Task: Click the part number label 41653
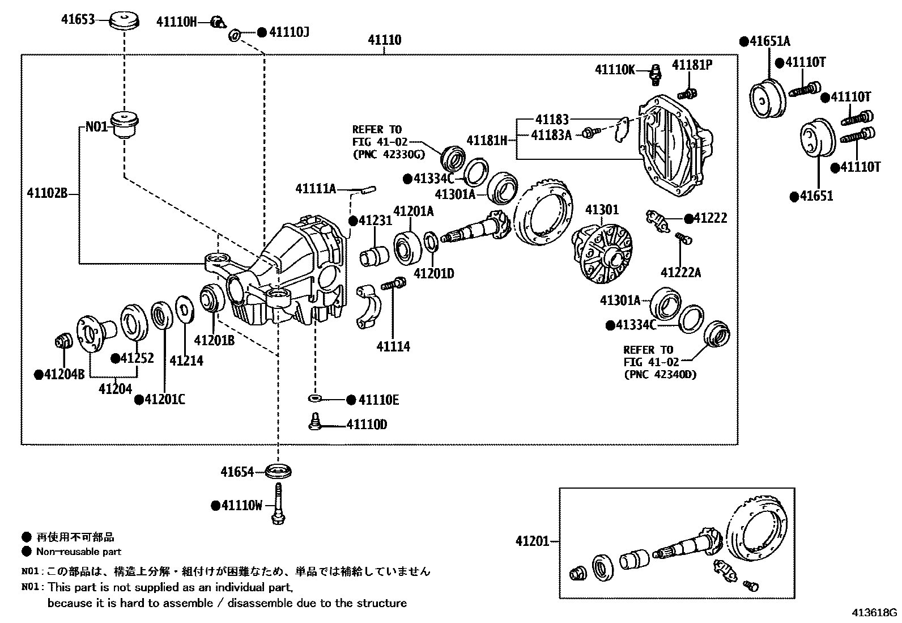pyautogui.click(x=78, y=19)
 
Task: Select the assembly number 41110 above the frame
pyautogui.click(x=384, y=40)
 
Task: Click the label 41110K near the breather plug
pyautogui.click(x=614, y=70)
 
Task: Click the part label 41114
pyautogui.click(x=393, y=346)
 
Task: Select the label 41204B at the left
pyautogui.click(x=59, y=374)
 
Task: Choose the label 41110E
pyautogui.click(x=378, y=400)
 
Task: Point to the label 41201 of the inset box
pyautogui.click(x=532, y=541)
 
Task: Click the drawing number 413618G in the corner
pyautogui.click(x=875, y=613)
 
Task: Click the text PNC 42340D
pyautogui.click(x=660, y=374)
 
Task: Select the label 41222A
pyautogui.click(x=680, y=273)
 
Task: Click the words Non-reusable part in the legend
pyautogui.click(x=78, y=552)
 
